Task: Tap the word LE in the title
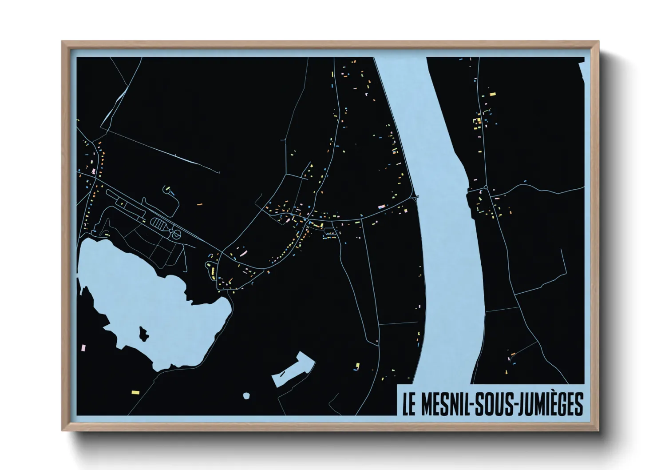pos(408,404)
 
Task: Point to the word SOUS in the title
pos(494,404)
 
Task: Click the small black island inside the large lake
pos(143,333)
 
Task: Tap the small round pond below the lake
pos(246,395)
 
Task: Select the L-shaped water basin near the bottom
pos(293,369)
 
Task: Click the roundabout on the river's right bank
pos(486,188)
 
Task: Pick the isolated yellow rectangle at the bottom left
pos(135,392)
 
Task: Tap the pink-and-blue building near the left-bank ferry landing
pos(381,207)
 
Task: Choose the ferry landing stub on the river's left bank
pos(416,197)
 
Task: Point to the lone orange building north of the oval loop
pos(199,204)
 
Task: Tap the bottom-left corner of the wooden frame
pos(63,430)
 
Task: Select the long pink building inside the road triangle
pos(243,253)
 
